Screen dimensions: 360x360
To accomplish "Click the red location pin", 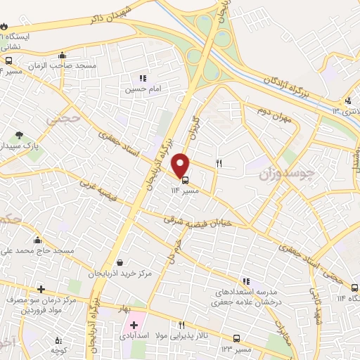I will click(181, 165).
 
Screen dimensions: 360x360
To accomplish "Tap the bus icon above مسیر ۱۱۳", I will click(185, 179).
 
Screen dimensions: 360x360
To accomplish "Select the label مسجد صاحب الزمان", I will click(63, 65).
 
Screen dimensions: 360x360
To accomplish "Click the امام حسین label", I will click(139, 89).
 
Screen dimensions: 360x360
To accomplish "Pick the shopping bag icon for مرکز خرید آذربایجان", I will click(119, 264).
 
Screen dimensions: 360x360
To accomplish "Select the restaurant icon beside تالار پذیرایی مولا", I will click(181, 325).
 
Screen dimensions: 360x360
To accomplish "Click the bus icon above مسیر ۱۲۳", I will click(236, 338).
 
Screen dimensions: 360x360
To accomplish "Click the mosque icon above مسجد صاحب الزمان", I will click(63, 56).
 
